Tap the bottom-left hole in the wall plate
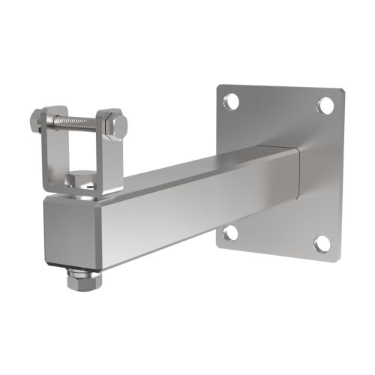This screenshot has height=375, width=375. [231, 233]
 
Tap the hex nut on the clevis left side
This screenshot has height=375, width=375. [38, 119]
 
